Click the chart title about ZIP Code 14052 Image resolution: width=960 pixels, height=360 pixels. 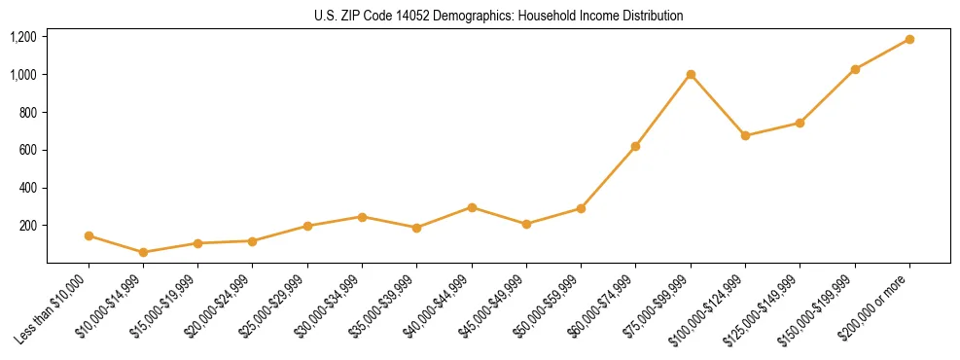coord(498,16)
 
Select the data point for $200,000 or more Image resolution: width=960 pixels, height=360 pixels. coord(909,39)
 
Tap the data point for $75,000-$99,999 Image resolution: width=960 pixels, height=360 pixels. coord(691,74)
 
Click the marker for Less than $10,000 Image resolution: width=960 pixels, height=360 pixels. coord(89,235)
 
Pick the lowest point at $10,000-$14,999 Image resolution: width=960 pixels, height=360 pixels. coord(144,252)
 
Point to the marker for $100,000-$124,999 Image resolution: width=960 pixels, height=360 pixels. coord(745,135)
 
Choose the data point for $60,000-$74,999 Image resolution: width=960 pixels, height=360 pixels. coord(636,146)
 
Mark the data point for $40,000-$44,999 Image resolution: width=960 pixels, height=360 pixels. coord(472,207)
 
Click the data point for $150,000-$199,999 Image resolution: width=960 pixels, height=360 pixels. coord(855,69)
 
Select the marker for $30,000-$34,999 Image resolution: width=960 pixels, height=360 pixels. coord(363,217)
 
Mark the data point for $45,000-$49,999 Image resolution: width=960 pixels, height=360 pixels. coord(526,224)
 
